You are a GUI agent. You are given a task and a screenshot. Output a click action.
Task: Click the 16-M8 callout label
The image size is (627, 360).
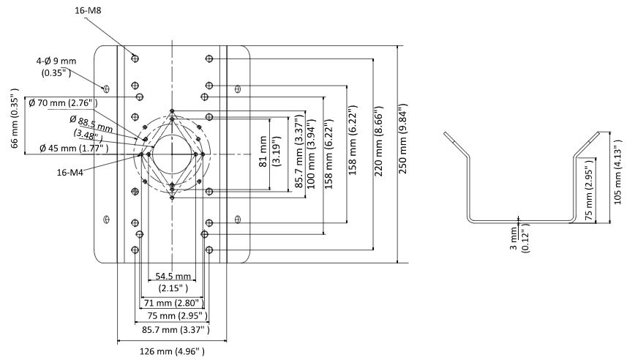[88, 11]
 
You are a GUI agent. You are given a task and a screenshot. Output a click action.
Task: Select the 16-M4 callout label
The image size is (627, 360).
[70, 173]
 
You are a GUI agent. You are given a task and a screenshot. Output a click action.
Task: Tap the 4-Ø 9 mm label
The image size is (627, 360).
[56, 61]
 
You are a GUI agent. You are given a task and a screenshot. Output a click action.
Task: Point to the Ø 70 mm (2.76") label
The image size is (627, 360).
[63, 102]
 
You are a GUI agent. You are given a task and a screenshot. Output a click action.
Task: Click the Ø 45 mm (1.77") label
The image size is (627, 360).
[74, 148]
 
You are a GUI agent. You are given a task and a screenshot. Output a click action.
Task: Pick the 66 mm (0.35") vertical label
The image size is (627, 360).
[15, 119]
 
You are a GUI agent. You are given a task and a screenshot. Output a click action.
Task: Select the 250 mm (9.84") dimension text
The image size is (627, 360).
[402, 138]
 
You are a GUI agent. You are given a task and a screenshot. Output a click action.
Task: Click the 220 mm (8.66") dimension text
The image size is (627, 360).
[379, 141]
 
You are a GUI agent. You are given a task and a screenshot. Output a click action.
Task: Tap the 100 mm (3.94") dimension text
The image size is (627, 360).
[312, 154]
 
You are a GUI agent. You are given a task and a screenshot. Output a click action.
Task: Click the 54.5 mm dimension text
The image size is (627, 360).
[173, 276]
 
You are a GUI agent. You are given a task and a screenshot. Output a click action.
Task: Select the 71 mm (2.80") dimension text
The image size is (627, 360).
[173, 303]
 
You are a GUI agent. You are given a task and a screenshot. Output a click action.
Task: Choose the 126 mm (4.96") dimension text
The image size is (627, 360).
[172, 352]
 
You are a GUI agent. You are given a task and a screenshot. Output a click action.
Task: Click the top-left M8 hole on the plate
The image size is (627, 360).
[135, 59]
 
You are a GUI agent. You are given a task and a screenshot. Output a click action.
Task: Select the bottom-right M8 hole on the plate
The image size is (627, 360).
[209, 250]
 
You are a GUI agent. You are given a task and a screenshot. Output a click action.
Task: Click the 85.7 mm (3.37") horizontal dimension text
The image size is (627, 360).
[176, 329]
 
